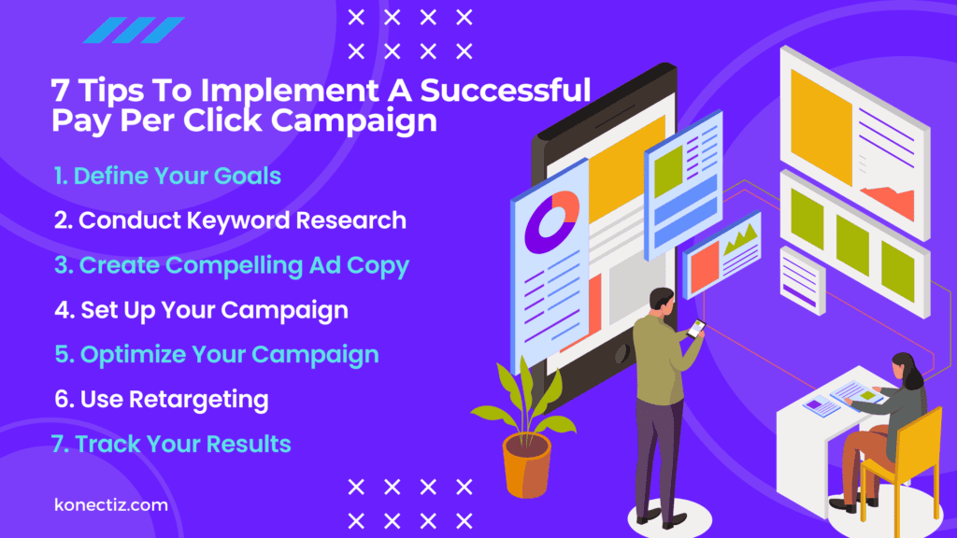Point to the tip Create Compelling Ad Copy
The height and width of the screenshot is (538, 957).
click(231, 265)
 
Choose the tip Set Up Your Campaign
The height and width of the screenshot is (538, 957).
click(201, 310)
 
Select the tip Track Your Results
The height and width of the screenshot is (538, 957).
click(172, 444)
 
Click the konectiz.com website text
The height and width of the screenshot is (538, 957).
click(111, 505)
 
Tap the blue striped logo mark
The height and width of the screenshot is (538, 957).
click(134, 30)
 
